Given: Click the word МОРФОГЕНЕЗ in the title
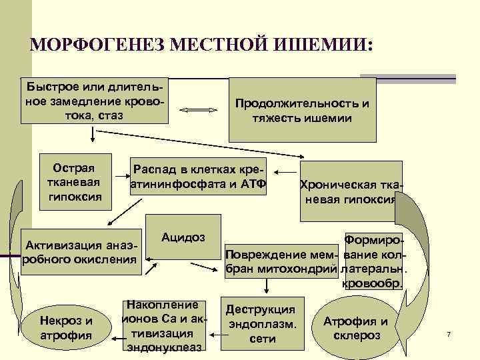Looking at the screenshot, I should coord(94,46).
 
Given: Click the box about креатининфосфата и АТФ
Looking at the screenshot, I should coord(198,177).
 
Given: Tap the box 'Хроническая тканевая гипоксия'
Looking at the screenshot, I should coord(350,191).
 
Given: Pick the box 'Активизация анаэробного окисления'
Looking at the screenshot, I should coord(79,254).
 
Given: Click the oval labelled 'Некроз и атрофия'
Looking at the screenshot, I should coord(65,327).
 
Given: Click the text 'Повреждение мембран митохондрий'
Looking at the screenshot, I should coord(282,261).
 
